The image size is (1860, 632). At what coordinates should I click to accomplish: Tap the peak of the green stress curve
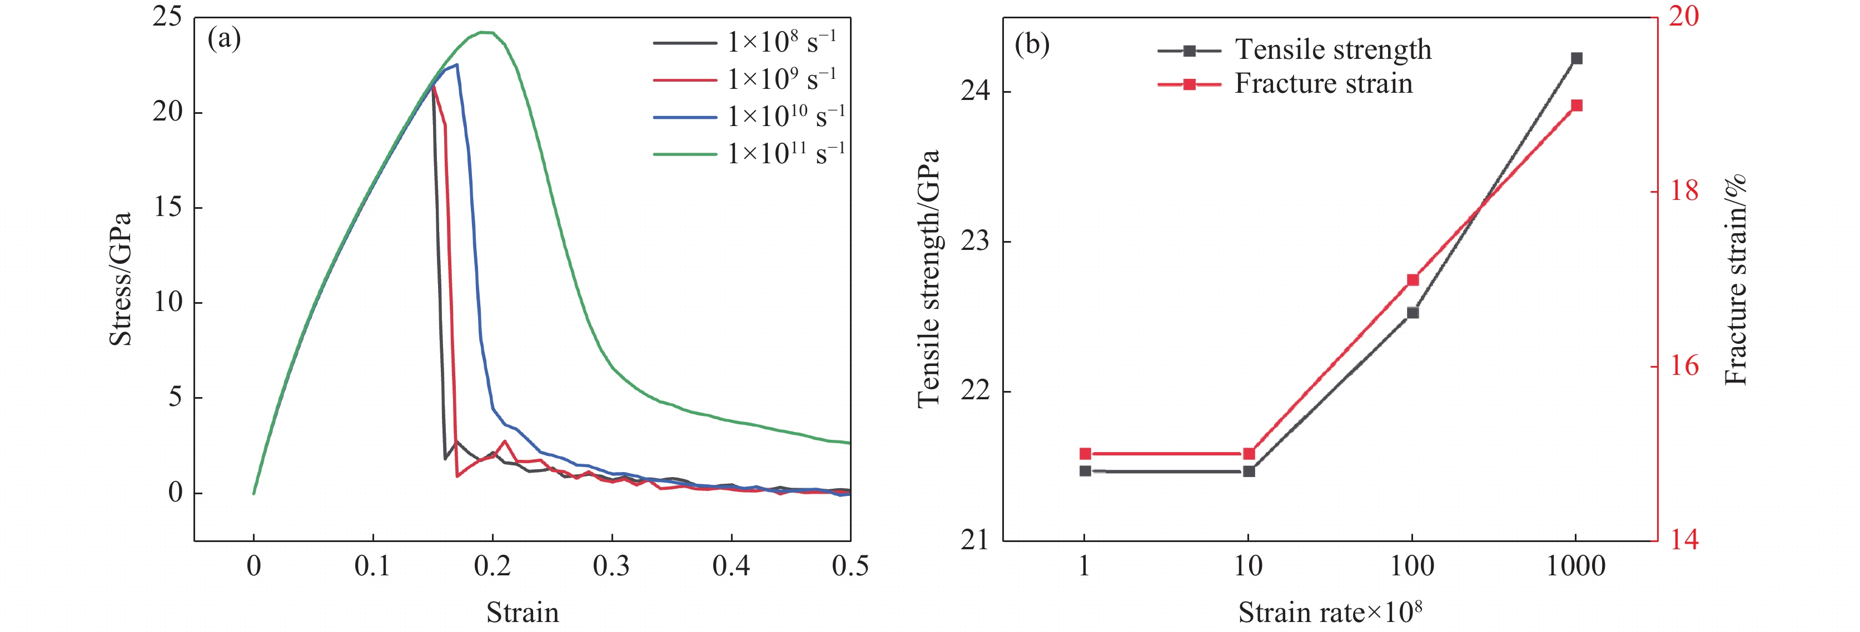[488, 32]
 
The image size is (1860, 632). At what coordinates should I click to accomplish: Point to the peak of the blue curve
[456, 65]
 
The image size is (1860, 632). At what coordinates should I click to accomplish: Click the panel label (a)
[224, 39]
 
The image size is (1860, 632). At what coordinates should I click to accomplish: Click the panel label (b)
[1032, 45]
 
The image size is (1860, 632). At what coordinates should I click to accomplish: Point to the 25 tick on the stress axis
[167, 17]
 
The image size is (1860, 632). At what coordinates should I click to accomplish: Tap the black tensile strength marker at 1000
[1576, 58]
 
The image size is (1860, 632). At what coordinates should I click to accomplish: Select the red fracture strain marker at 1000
[1576, 106]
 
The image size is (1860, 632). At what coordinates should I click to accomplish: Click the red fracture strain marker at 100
[1413, 280]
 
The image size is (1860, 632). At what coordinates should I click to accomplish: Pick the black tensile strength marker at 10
[1249, 471]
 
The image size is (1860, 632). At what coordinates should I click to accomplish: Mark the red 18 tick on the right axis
[1684, 191]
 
